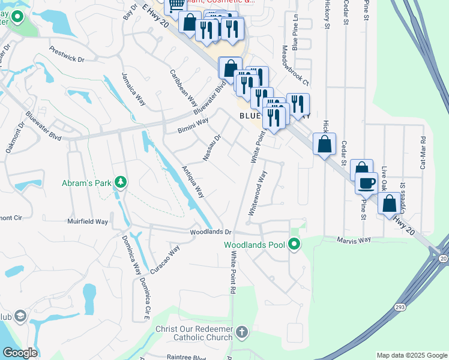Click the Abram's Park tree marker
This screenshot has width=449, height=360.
(121, 181)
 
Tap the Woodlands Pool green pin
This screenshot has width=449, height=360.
(294, 245)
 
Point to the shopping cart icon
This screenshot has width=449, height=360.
(176, 5)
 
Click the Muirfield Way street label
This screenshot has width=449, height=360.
(88, 221)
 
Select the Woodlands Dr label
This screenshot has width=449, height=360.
(210, 232)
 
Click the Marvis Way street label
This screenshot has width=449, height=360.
(354, 240)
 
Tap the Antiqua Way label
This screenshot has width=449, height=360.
(193, 182)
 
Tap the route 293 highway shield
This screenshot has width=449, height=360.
(400, 307)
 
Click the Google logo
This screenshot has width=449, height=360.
(20, 352)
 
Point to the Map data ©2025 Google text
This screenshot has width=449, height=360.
(411, 355)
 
